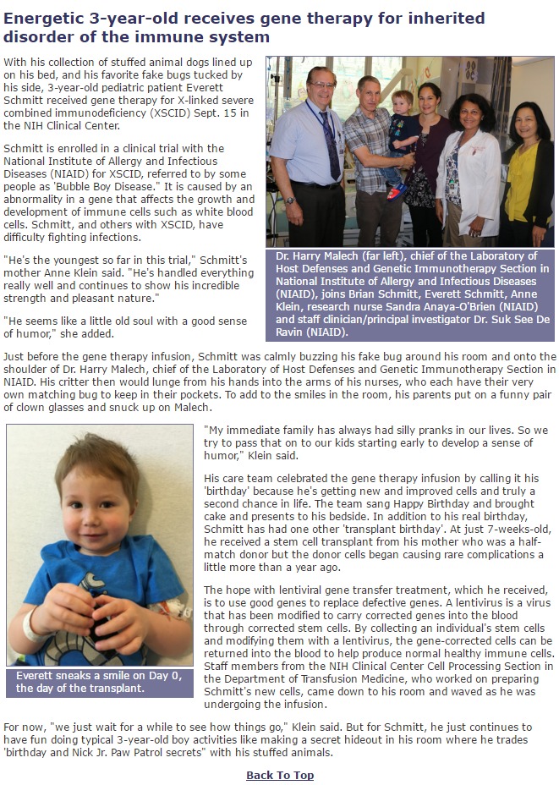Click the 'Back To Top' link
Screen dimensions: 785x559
coord(280,775)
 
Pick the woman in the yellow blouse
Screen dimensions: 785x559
coord(529,169)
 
